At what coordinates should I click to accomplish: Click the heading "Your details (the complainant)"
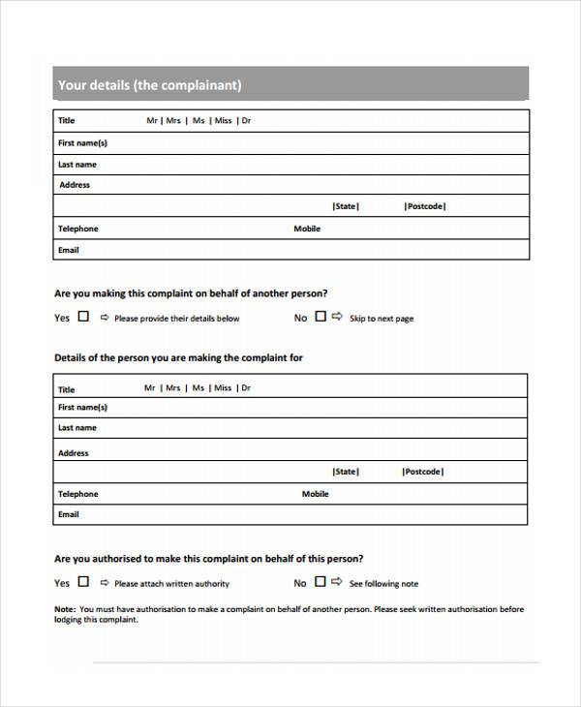(x=149, y=85)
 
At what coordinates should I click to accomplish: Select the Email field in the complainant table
(x=290, y=250)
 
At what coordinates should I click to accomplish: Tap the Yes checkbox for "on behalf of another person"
(x=83, y=316)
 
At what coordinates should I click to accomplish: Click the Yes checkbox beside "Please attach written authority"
(x=83, y=582)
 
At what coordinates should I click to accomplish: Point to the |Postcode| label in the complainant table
(x=424, y=206)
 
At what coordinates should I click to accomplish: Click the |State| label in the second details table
(x=345, y=472)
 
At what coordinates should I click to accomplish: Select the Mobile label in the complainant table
(x=307, y=229)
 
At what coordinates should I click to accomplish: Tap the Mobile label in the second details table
(x=315, y=494)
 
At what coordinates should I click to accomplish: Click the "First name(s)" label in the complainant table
(x=82, y=142)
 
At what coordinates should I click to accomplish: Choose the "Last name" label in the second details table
(x=77, y=427)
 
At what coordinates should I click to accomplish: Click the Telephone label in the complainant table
(x=77, y=229)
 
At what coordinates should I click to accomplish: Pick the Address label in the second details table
(x=74, y=452)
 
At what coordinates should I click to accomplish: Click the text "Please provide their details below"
(x=176, y=319)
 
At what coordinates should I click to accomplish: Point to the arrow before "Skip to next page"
(x=337, y=316)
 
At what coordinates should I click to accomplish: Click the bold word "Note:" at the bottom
(x=65, y=609)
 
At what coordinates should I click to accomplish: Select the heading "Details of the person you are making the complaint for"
(x=178, y=357)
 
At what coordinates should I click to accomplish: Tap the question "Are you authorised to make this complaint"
(x=208, y=559)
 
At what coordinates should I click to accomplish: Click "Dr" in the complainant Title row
(x=246, y=121)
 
